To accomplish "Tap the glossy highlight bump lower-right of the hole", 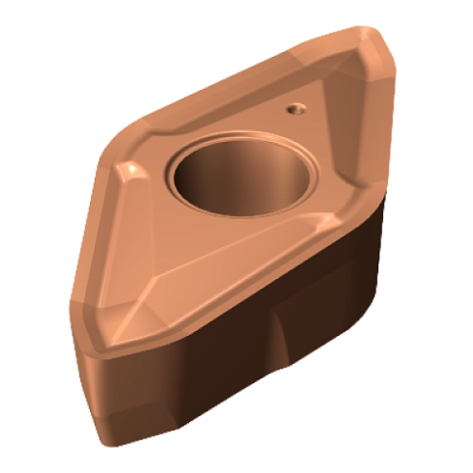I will pos(307,224).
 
